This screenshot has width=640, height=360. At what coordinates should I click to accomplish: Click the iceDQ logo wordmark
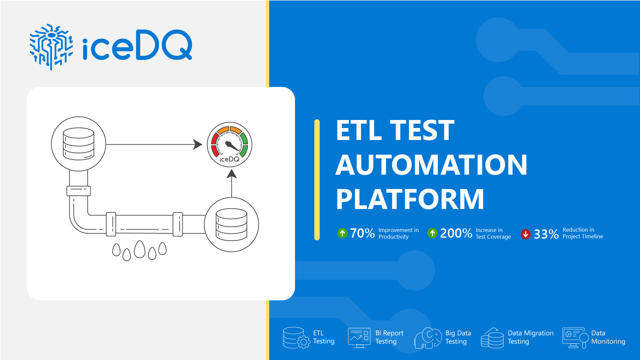tap(137, 45)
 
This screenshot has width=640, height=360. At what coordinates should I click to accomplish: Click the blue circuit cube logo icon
tap(51, 46)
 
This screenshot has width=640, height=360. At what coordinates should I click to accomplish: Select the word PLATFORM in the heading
tap(410, 199)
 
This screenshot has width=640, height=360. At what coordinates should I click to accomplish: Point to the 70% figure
tap(362, 233)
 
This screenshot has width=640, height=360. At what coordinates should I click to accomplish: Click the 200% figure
tap(456, 233)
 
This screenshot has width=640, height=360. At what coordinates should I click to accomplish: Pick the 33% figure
tap(546, 234)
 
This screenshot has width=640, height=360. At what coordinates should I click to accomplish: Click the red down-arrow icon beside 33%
tap(525, 234)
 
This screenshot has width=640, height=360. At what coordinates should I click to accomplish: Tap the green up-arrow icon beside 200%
tap(432, 233)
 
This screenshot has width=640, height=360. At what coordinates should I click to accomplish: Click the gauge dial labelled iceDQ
tap(229, 144)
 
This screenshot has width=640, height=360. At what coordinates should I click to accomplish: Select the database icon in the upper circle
tap(79, 144)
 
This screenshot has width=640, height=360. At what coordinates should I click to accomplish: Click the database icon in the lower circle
tap(231, 224)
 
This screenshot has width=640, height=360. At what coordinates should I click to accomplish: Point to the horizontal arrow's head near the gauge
tap(198, 144)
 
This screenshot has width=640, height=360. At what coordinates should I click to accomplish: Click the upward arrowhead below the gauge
tap(232, 174)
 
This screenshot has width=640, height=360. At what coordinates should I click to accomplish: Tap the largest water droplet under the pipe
tap(140, 249)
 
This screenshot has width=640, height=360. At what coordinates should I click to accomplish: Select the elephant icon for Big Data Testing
tap(428, 338)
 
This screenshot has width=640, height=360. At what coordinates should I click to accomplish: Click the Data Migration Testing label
tap(530, 337)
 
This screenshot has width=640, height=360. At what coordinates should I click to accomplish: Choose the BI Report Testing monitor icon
tap(359, 337)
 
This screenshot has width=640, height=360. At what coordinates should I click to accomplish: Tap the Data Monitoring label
tap(608, 337)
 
